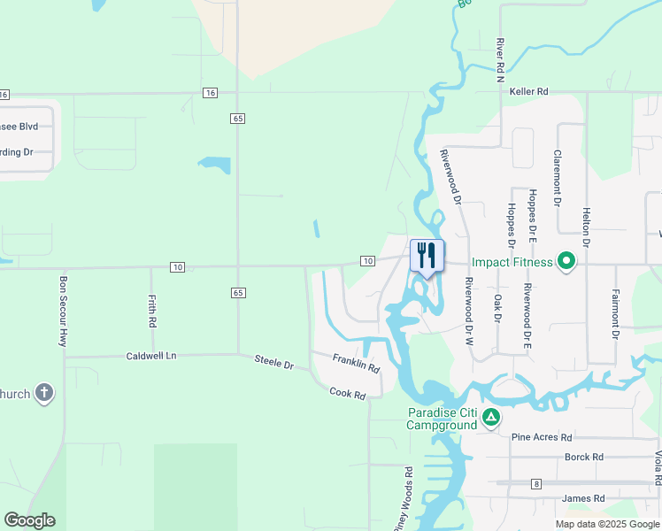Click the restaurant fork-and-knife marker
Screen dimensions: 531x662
click(427, 256)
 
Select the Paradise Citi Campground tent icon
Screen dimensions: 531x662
click(490, 417)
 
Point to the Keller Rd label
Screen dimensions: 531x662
click(529, 91)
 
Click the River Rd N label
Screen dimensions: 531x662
click(500, 60)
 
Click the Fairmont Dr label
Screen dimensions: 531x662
click(615, 314)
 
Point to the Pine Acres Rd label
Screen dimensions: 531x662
click(542, 437)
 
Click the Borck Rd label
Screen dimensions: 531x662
click(583, 458)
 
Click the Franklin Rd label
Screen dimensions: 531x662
click(356, 362)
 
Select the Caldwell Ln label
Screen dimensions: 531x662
click(151, 356)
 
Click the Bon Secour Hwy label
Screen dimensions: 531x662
click(63, 311)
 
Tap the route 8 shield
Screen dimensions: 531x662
click(536, 483)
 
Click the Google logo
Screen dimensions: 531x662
click(29, 520)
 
